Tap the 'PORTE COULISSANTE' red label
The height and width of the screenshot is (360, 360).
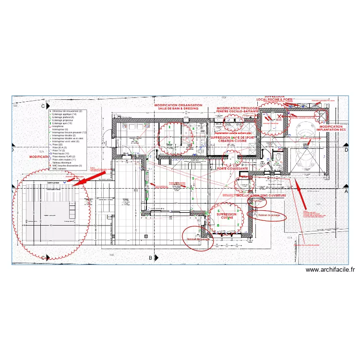232,169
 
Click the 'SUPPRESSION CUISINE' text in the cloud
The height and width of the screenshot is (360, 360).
226,216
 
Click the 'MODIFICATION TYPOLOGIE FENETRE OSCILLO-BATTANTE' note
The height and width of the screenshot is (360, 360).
238,110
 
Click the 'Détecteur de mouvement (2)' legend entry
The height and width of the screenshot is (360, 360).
67,111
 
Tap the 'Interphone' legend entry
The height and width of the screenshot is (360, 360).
58,127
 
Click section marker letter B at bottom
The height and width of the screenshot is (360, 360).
150,258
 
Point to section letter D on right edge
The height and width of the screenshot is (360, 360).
347,150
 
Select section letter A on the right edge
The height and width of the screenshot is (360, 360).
347,191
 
